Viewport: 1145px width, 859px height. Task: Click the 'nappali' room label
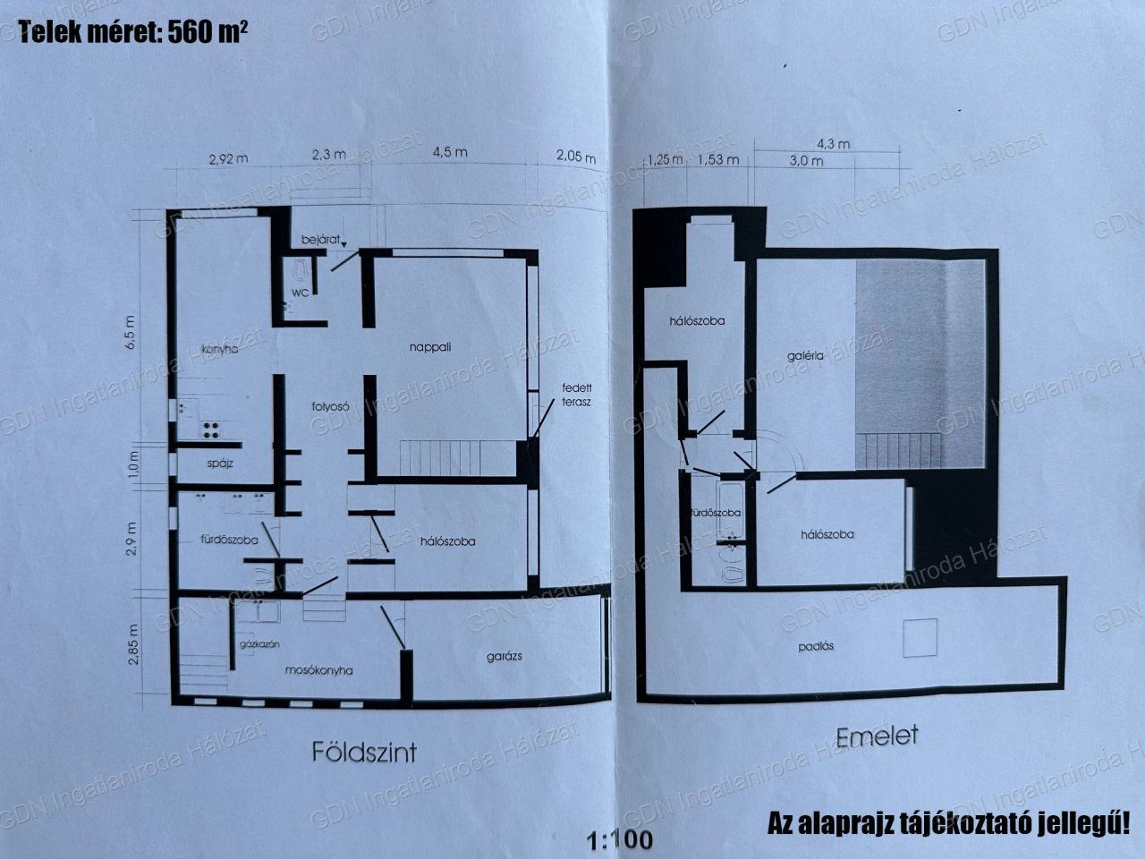pos(430,347)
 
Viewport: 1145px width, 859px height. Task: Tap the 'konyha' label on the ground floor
pos(220,349)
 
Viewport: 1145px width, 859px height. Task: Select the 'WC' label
pos(301,293)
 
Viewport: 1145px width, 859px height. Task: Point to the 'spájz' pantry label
pos(220,464)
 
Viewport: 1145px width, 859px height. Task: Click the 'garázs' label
pos(504,657)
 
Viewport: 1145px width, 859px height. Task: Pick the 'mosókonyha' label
pos(318,670)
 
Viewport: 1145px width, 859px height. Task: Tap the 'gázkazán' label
pos(259,644)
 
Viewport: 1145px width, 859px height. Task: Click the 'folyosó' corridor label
pos(330,407)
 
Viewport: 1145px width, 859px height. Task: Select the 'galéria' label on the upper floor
pos(805,356)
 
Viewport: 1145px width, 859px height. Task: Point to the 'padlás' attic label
pos(816,647)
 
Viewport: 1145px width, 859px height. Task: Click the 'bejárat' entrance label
pos(321,240)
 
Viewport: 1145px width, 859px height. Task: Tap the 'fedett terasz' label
pos(576,395)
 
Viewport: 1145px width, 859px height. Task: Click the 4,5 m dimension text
pos(450,153)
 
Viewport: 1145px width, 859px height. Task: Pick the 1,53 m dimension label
pos(718,159)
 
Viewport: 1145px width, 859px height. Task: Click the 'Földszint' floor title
pos(364,753)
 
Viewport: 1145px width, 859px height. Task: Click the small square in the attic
pos(920,637)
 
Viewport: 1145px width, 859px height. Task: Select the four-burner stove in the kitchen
pos(211,430)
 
